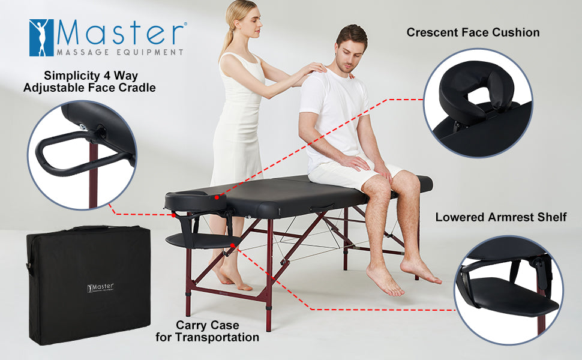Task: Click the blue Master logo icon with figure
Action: pyautogui.click(x=41, y=38)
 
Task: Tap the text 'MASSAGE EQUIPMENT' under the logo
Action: pyautogui.click(x=120, y=52)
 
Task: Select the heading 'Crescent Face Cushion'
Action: pyautogui.click(x=473, y=32)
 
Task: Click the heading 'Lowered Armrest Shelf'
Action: pyautogui.click(x=501, y=217)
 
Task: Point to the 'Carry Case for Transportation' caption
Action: pyautogui.click(x=207, y=331)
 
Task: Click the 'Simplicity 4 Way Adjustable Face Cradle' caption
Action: pyautogui.click(x=89, y=81)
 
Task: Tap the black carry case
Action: pyautogui.click(x=89, y=284)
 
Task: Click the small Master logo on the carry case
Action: pyautogui.click(x=100, y=287)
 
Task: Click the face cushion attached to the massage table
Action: pyautogui.click(x=196, y=201)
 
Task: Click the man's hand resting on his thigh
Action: pyautogui.click(x=355, y=163)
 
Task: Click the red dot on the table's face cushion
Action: pyautogui.click(x=217, y=197)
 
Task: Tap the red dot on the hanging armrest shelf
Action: pyautogui.click(x=232, y=245)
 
